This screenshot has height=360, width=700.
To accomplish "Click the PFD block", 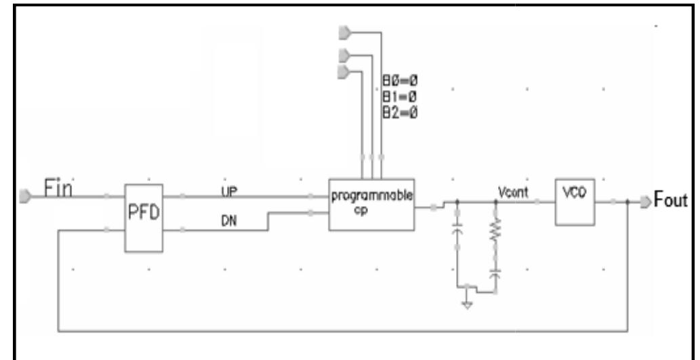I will (144, 217).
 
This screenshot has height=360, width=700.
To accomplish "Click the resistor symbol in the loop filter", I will (495, 233).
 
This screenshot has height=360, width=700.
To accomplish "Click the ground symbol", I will (467, 305).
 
